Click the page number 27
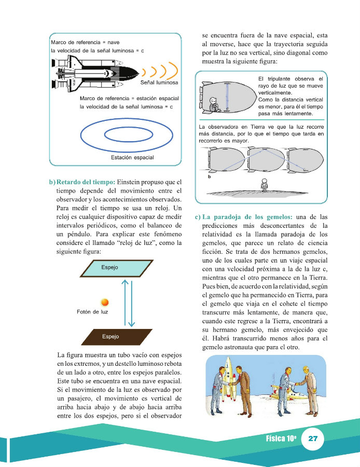[313, 438]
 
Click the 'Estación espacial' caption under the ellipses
[132, 157]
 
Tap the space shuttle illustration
[91, 73]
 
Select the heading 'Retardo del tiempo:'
[86, 182]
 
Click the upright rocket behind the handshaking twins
[227, 378]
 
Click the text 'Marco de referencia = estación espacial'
[129, 98]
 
